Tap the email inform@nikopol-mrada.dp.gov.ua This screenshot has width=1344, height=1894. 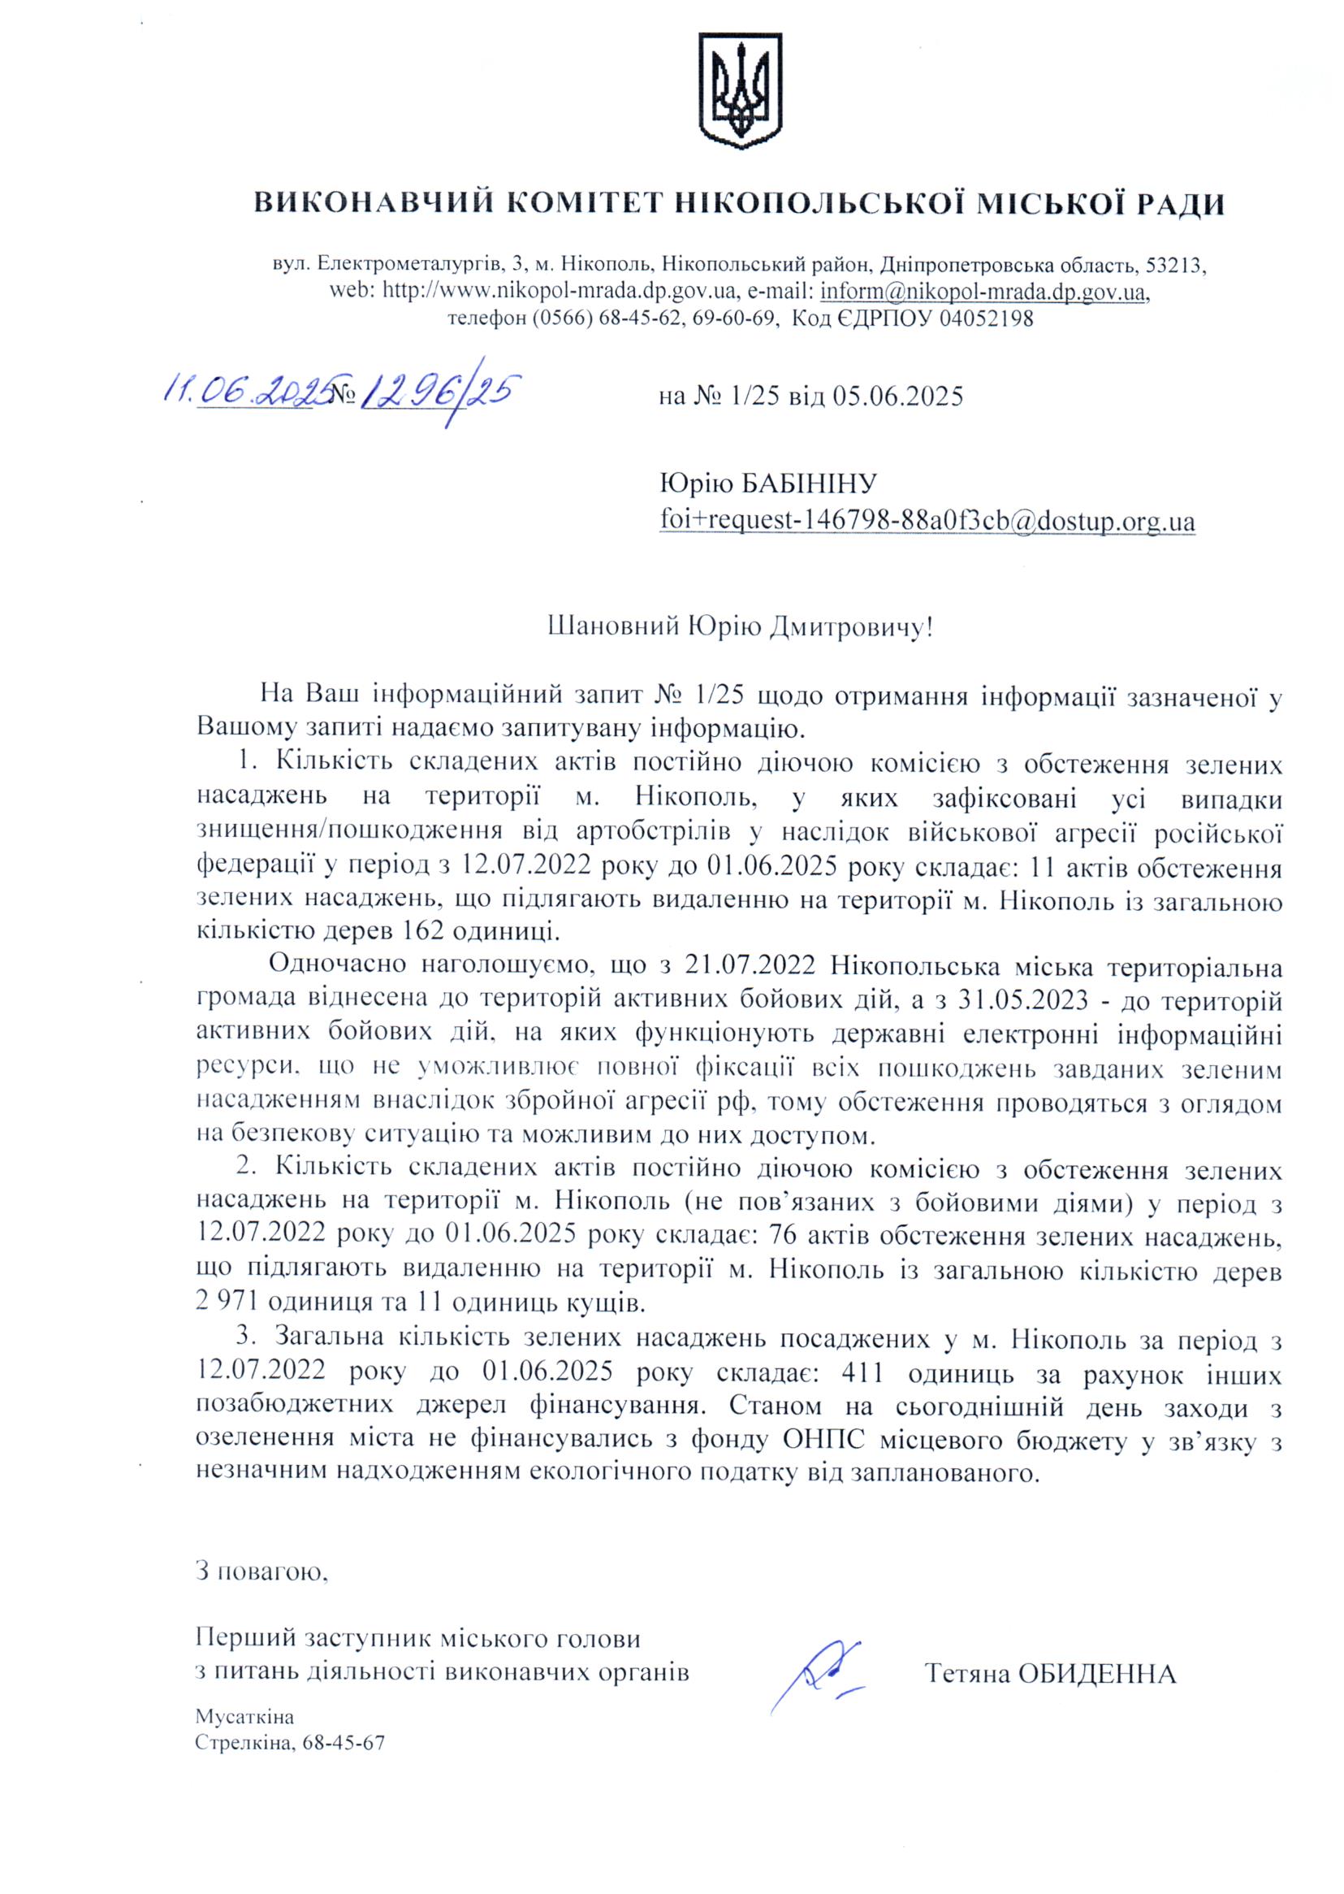983,293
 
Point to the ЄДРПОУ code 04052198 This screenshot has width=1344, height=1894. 986,319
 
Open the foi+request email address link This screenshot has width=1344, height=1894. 927,522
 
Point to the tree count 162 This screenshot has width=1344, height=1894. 405,930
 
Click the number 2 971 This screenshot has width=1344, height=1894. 226,1302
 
